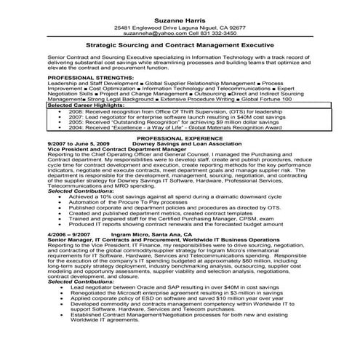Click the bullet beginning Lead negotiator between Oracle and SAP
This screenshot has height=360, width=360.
(160, 287)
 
